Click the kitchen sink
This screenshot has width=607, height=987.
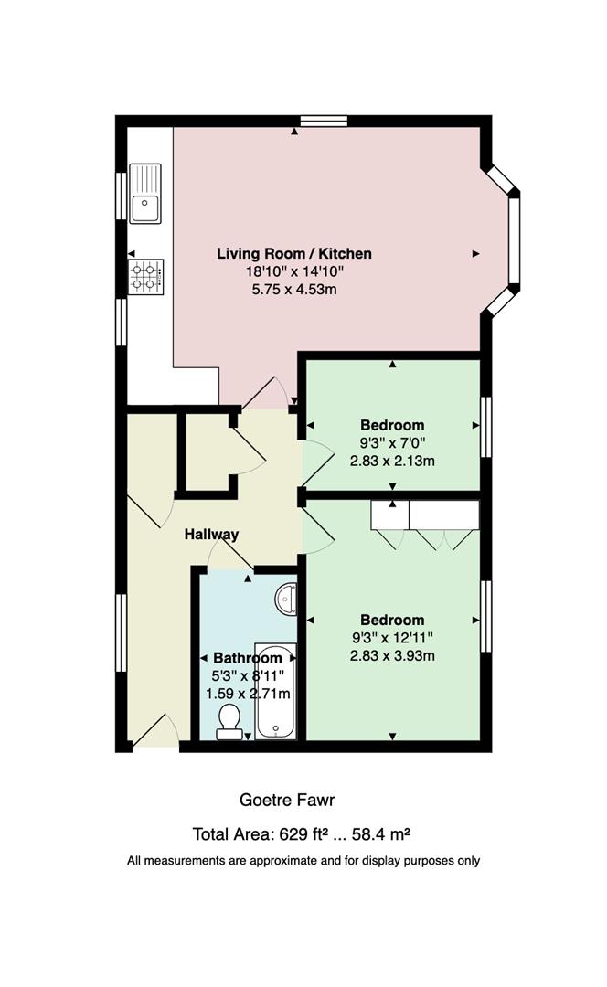pyautogui.click(x=145, y=193)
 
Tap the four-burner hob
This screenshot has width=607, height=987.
pyautogui.click(x=146, y=277)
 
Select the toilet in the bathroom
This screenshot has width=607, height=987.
pyautogui.click(x=228, y=721)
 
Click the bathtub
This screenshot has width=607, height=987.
pyautogui.click(x=275, y=691)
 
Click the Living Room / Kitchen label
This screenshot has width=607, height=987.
pyautogui.click(x=294, y=254)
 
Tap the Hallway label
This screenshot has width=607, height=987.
pyautogui.click(x=211, y=535)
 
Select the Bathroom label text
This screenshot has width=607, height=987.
pyautogui.click(x=248, y=658)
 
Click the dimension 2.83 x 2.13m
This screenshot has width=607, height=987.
pyautogui.click(x=392, y=461)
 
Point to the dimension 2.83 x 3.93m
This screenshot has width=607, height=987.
pyautogui.click(x=392, y=655)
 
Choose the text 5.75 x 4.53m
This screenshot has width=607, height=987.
pyautogui.click(x=294, y=290)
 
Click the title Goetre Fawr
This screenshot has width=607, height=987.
pyautogui.click(x=287, y=800)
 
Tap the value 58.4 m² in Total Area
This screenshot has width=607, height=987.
pyautogui.click(x=381, y=834)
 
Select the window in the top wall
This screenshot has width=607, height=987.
pyautogui.click(x=324, y=121)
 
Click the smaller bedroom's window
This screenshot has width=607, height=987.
pyautogui.click(x=486, y=427)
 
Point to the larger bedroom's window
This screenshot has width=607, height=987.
pyautogui.click(x=486, y=616)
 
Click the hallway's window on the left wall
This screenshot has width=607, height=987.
pyautogui.click(x=121, y=632)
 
